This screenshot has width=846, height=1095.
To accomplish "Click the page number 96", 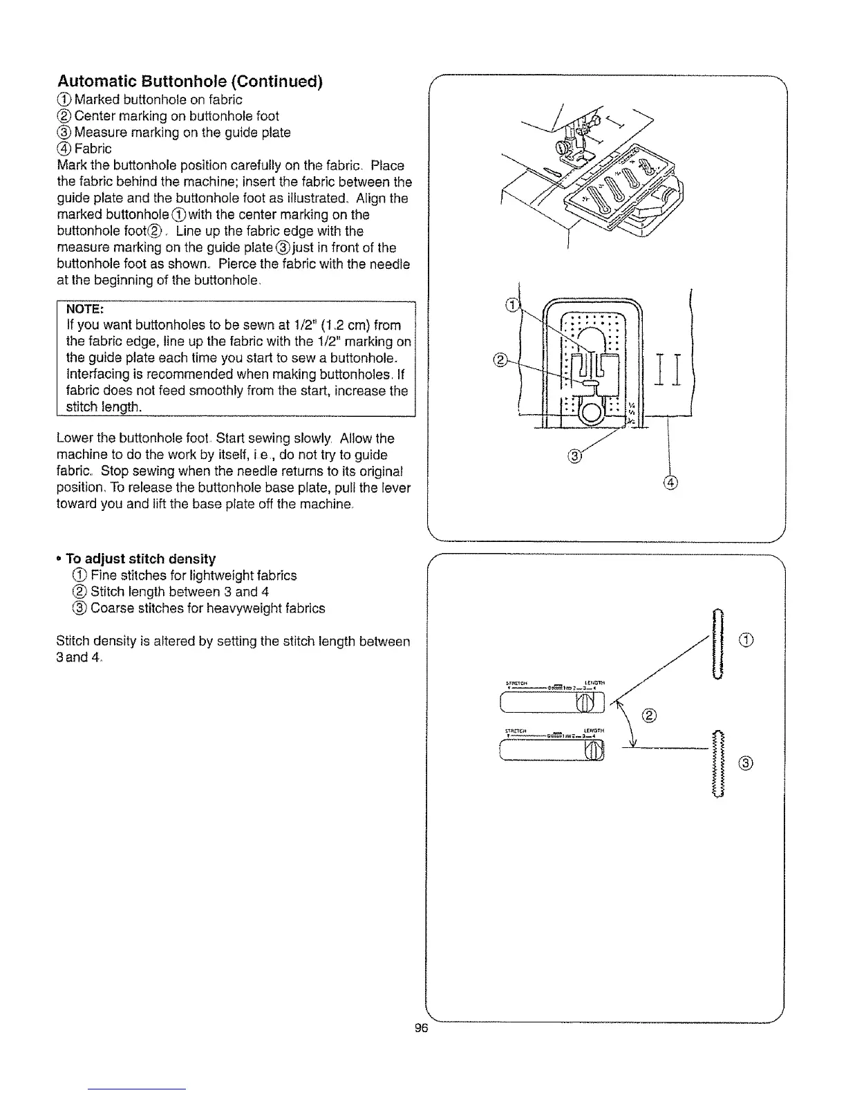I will point(422,1028).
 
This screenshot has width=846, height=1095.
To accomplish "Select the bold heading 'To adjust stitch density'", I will point(140,559).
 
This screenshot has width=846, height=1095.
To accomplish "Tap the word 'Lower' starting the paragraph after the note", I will point(73,438).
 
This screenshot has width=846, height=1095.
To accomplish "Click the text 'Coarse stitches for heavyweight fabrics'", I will point(207,608).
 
